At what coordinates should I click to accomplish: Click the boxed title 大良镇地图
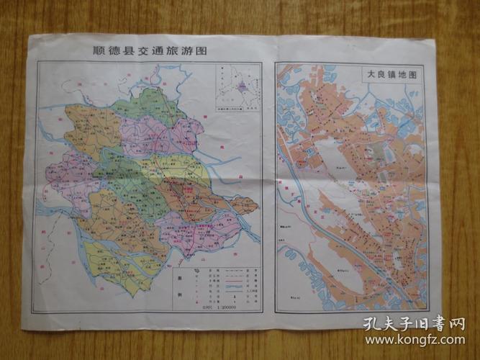coord(392,73)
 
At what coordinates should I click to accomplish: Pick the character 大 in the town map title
coord(368,73)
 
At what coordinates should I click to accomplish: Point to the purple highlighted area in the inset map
coord(242,86)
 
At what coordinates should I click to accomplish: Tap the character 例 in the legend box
coord(178,296)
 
